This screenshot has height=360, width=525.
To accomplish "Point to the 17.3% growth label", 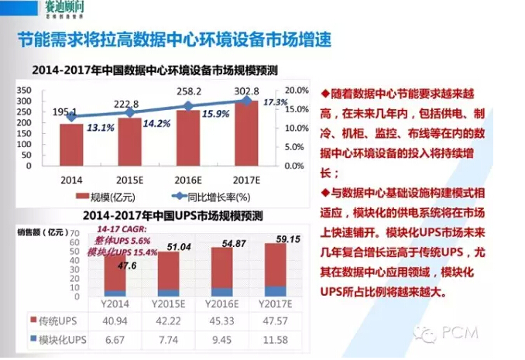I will point(276,102).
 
